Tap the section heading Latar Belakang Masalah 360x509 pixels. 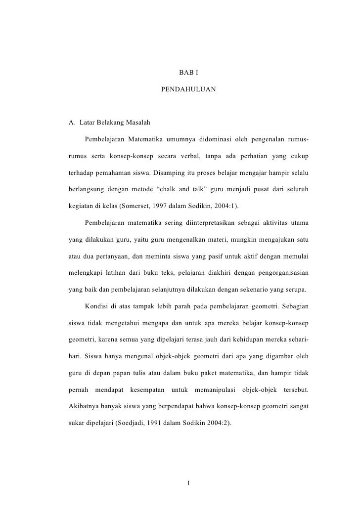pos(108,122)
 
